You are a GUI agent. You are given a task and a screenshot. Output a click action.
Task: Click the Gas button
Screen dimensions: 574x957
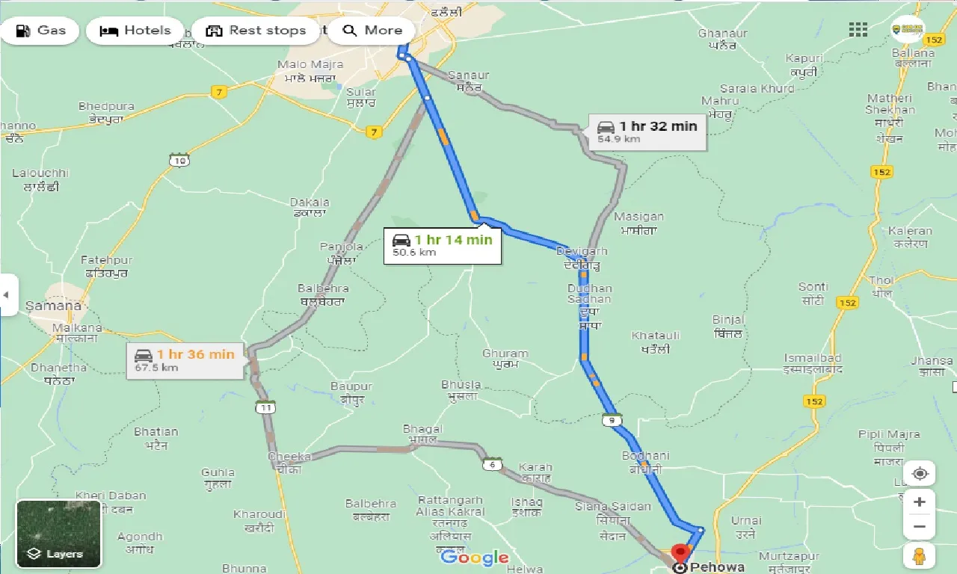[40, 31]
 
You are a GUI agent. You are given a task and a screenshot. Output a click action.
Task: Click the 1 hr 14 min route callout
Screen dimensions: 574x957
[443, 244]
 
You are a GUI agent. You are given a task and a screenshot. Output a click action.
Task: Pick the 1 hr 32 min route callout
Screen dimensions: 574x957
[647, 132]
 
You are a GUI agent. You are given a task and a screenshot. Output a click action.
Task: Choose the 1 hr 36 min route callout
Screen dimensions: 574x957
[185, 359]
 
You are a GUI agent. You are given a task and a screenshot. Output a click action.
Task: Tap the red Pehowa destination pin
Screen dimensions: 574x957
[680, 554]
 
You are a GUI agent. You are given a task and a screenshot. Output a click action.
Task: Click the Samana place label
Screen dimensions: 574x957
[53, 306]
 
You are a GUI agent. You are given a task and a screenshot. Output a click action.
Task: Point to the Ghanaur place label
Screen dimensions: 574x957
[722, 34]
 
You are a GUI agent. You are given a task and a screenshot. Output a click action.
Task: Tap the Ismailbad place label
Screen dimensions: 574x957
[813, 358]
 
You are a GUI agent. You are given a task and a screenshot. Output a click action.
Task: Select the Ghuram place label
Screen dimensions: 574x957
[505, 354]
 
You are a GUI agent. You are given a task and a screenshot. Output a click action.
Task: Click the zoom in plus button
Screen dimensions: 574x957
[920, 502]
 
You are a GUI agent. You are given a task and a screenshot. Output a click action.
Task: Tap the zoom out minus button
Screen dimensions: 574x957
[920, 527]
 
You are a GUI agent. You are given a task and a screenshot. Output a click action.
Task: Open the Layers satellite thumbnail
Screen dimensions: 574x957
[58, 534]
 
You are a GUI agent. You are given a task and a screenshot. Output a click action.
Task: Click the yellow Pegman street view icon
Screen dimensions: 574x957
[920, 556]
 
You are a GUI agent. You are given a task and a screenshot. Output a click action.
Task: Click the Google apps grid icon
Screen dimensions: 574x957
[858, 30]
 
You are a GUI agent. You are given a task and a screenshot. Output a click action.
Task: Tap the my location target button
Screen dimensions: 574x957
[920, 474]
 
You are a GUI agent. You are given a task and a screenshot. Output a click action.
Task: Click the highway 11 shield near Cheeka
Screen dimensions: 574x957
[265, 407]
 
